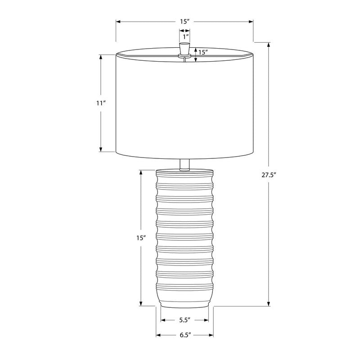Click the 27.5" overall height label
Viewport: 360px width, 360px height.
pos(268,175)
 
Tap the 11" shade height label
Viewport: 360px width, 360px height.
pos(100,103)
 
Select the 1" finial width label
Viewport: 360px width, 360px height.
pos(186,36)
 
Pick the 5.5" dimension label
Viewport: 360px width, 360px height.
pos(185,320)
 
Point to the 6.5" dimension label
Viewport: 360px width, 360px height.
pos(185,335)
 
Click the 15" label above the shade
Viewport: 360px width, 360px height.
pos(184,22)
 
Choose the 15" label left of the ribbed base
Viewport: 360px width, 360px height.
pos(141,238)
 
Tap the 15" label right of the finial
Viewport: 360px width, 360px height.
pos(203,52)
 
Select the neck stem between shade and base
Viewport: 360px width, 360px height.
pos(184,165)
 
